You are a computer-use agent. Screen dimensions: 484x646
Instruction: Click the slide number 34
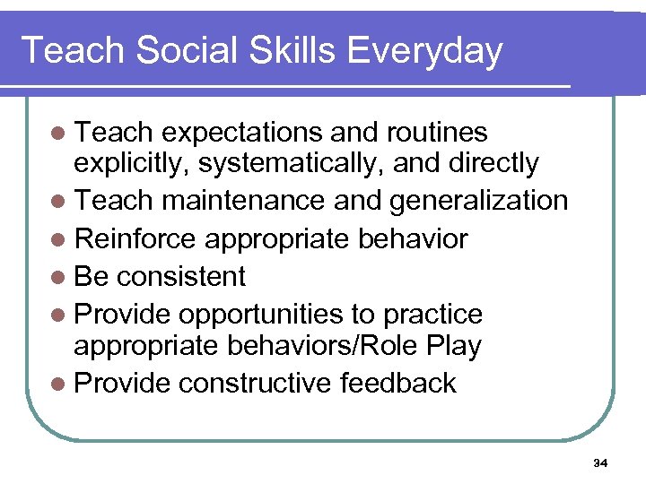point(600,463)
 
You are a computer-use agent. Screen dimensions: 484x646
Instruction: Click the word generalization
point(478,202)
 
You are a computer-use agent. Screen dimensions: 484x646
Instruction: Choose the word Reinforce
point(135,239)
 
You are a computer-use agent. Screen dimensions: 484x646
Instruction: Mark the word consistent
point(182,277)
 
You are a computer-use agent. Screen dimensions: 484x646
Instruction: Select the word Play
point(454,346)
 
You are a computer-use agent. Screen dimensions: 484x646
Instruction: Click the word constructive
point(255,384)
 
